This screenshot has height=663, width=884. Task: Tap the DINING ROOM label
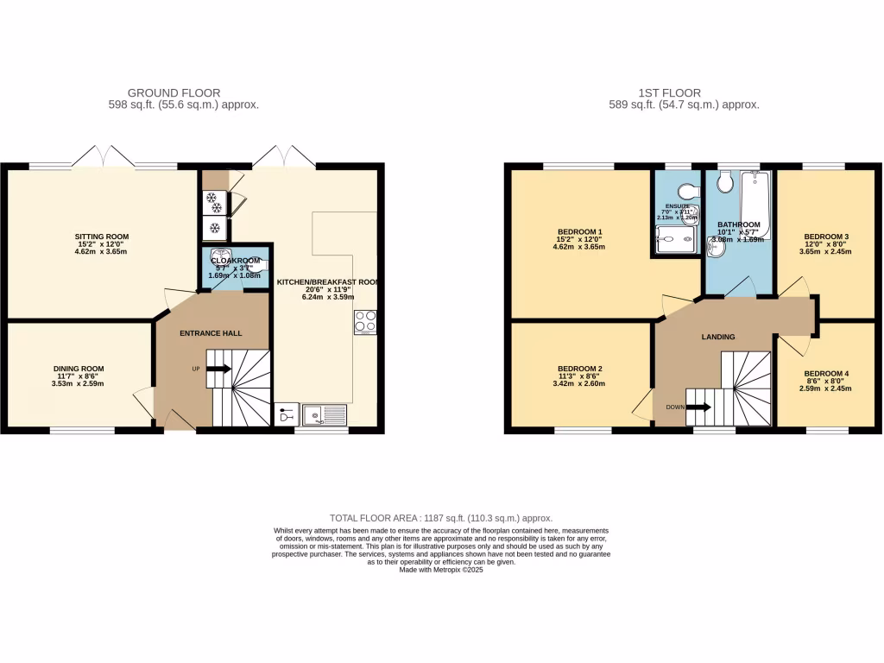(x=79, y=369)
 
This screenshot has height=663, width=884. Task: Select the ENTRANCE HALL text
(x=211, y=333)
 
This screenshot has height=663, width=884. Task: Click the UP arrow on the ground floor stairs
(x=218, y=369)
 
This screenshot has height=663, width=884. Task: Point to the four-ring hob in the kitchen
(x=365, y=321)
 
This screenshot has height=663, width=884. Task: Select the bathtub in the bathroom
(x=755, y=204)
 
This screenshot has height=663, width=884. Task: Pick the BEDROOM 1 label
(x=580, y=231)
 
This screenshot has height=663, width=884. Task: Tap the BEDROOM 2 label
(x=580, y=369)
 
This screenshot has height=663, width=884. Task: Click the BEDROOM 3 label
(x=826, y=237)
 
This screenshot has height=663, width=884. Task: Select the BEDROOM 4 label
(x=826, y=374)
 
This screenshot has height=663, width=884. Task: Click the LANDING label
(x=718, y=337)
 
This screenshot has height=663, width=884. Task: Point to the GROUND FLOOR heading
(x=174, y=92)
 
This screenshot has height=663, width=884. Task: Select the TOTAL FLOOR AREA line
(x=441, y=518)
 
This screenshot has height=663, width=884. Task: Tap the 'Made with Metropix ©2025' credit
(x=441, y=570)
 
